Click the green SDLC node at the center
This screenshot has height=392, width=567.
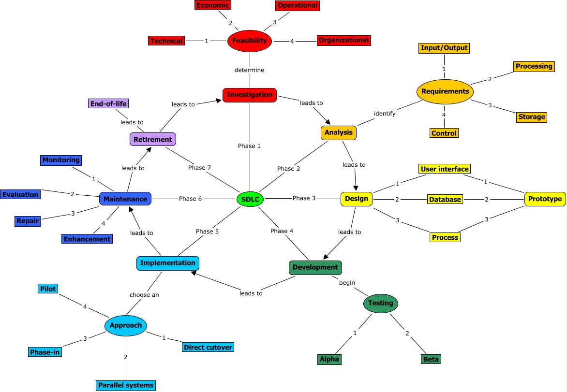[250, 199]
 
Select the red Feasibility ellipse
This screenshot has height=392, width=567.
[249, 41]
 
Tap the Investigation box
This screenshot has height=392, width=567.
[250, 95]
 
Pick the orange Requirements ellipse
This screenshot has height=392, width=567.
[445, 91]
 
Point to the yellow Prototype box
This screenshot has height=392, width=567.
[545, 199]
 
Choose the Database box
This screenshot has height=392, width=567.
[445, 199]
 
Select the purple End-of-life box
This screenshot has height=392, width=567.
[109, 103]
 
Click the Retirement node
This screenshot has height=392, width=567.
[153, 140]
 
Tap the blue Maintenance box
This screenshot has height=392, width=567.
[125, 199]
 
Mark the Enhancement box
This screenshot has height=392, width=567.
[87, 239]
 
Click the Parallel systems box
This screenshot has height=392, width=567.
[126, 385]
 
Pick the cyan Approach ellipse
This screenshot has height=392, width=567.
[126, 325]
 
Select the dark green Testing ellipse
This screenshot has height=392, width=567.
[381, 304]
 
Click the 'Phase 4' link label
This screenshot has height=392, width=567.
[282, 231]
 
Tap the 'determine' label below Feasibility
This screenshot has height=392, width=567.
[250, 70]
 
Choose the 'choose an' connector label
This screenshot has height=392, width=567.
[144, 294]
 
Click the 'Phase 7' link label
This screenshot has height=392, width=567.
[199, 168]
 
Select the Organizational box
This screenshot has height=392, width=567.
[344, 41]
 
